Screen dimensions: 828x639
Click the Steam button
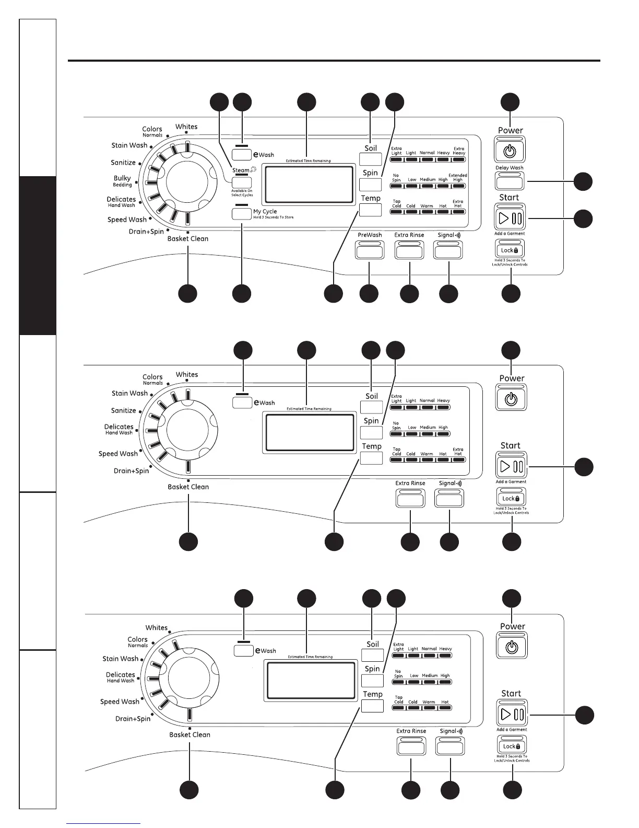point(242,182)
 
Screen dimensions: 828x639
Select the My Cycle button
point(242,213)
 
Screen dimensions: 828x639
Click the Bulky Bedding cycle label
point(122,181)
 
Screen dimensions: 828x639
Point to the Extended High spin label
point(457,178)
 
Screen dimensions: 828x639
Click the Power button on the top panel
point(510,151)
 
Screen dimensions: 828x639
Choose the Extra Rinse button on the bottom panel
point(411,746)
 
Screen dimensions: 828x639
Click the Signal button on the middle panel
point(449,499)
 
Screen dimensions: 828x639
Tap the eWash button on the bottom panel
point(244,651)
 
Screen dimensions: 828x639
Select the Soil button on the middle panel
point(371,407)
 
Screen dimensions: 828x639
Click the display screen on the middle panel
point(310,431)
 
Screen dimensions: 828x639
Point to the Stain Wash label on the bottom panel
point(121,659)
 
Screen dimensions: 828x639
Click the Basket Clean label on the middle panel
point(188,487)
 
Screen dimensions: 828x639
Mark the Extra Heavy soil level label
point(458,151)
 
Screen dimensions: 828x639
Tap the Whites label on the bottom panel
point(157,628)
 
